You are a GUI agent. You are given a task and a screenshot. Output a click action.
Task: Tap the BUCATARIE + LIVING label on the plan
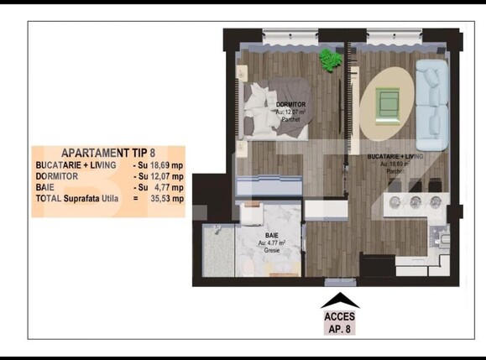coord(395,157)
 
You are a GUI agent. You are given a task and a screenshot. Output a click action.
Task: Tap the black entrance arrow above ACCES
coord(339,300)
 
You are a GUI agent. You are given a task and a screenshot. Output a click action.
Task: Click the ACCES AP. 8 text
coord(339,323)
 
